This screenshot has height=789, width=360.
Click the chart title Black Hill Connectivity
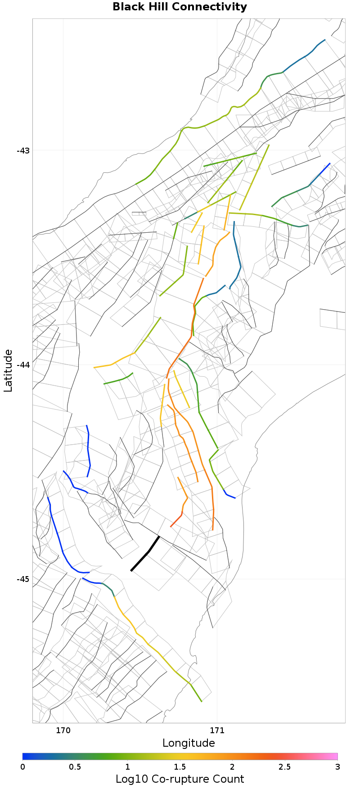(180, 7)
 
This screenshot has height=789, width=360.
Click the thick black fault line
(145, 554)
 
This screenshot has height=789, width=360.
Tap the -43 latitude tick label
(23, 150)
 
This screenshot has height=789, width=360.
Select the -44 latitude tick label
(23, 365)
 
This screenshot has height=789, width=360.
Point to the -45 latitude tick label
(23, 579)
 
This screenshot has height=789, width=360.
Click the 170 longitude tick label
(63, 730)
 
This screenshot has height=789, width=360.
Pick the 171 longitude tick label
(217, 730)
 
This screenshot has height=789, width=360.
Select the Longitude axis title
(189, 743)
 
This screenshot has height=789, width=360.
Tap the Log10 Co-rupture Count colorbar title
(180, 779)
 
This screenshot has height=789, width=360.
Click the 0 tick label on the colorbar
(22, 766)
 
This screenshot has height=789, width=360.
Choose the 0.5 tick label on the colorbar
(75, 766)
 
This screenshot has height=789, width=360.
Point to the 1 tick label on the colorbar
(128, 766)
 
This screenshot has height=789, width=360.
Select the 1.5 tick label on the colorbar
(180, 766)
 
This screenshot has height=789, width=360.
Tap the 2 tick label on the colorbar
(233, 766)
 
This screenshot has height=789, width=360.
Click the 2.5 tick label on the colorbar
(285, 766)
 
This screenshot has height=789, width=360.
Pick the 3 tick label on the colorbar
(337, 766)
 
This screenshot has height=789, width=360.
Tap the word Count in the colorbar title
(227, 779)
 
